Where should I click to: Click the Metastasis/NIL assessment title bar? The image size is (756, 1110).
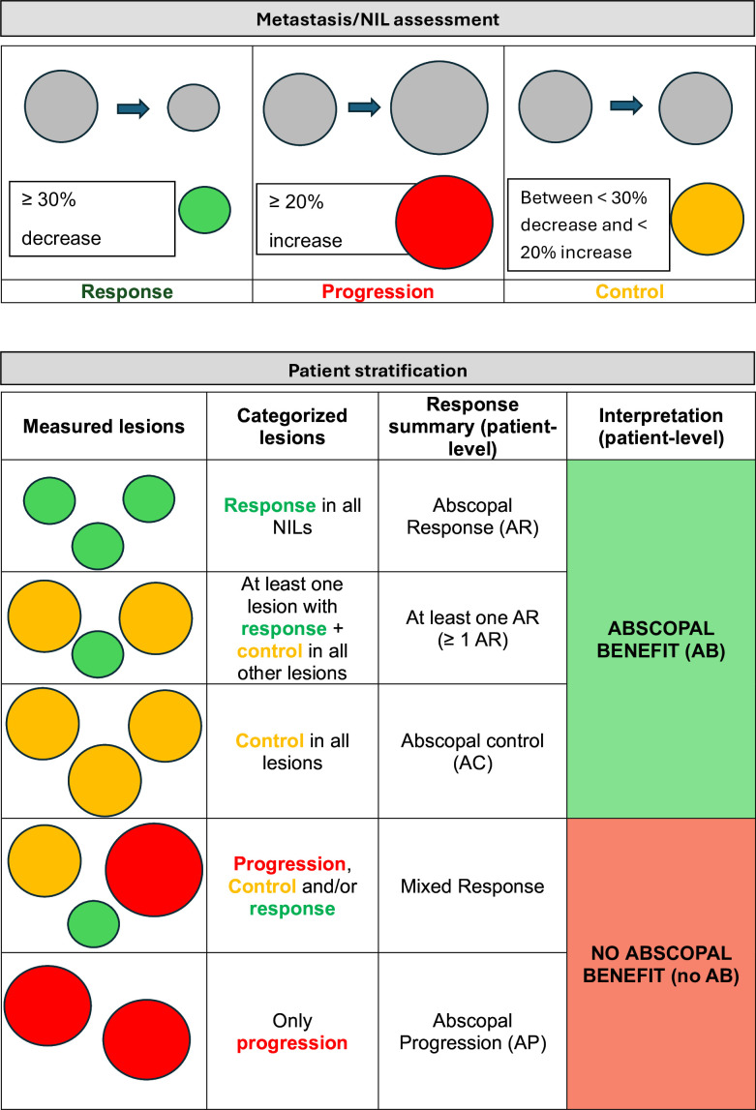[x=378, y=18]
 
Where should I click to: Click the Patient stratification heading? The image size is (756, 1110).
[x=378, y=370]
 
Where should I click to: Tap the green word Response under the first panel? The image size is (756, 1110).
[x=127, y=291]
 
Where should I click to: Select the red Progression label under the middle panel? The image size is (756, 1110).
[x=378, y=291]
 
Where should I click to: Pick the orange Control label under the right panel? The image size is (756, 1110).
[x=629, y=291]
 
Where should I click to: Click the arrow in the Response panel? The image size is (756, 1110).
[x=134, y=108]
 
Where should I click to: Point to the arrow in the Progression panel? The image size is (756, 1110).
[x=365, y=106]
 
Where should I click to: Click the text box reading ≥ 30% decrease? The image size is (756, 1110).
[x=92, y=219]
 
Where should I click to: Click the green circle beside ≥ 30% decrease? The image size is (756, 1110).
[x=205, y=210]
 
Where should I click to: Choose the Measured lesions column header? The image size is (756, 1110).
[x=104, y=426]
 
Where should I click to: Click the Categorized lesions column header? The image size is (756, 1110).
[x=292, y=426]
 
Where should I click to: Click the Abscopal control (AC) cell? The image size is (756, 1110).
[x=471, y=752]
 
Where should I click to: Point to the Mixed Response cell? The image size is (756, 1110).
[x=471, y=885]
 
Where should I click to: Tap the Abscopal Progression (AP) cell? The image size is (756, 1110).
[x=471, y=1032]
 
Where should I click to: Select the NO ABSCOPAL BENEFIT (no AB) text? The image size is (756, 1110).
[x=661, y=963]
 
